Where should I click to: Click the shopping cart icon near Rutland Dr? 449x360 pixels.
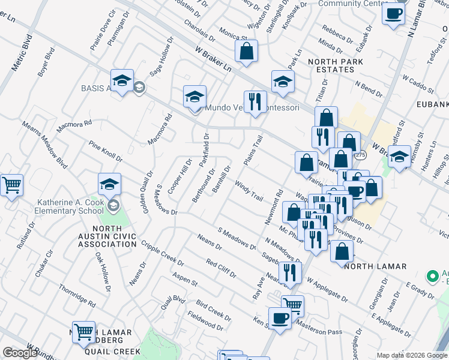10,185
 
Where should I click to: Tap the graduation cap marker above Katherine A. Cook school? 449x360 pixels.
109,184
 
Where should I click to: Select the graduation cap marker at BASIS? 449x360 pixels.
122,81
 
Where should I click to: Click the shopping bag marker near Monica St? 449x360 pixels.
246,51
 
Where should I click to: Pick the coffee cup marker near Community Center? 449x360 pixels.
393,13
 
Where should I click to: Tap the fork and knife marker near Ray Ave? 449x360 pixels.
291,272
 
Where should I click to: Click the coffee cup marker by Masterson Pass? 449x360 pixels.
279,317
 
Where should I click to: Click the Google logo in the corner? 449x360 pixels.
20,353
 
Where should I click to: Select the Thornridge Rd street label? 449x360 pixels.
77,296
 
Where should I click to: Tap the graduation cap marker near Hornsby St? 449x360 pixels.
399,157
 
